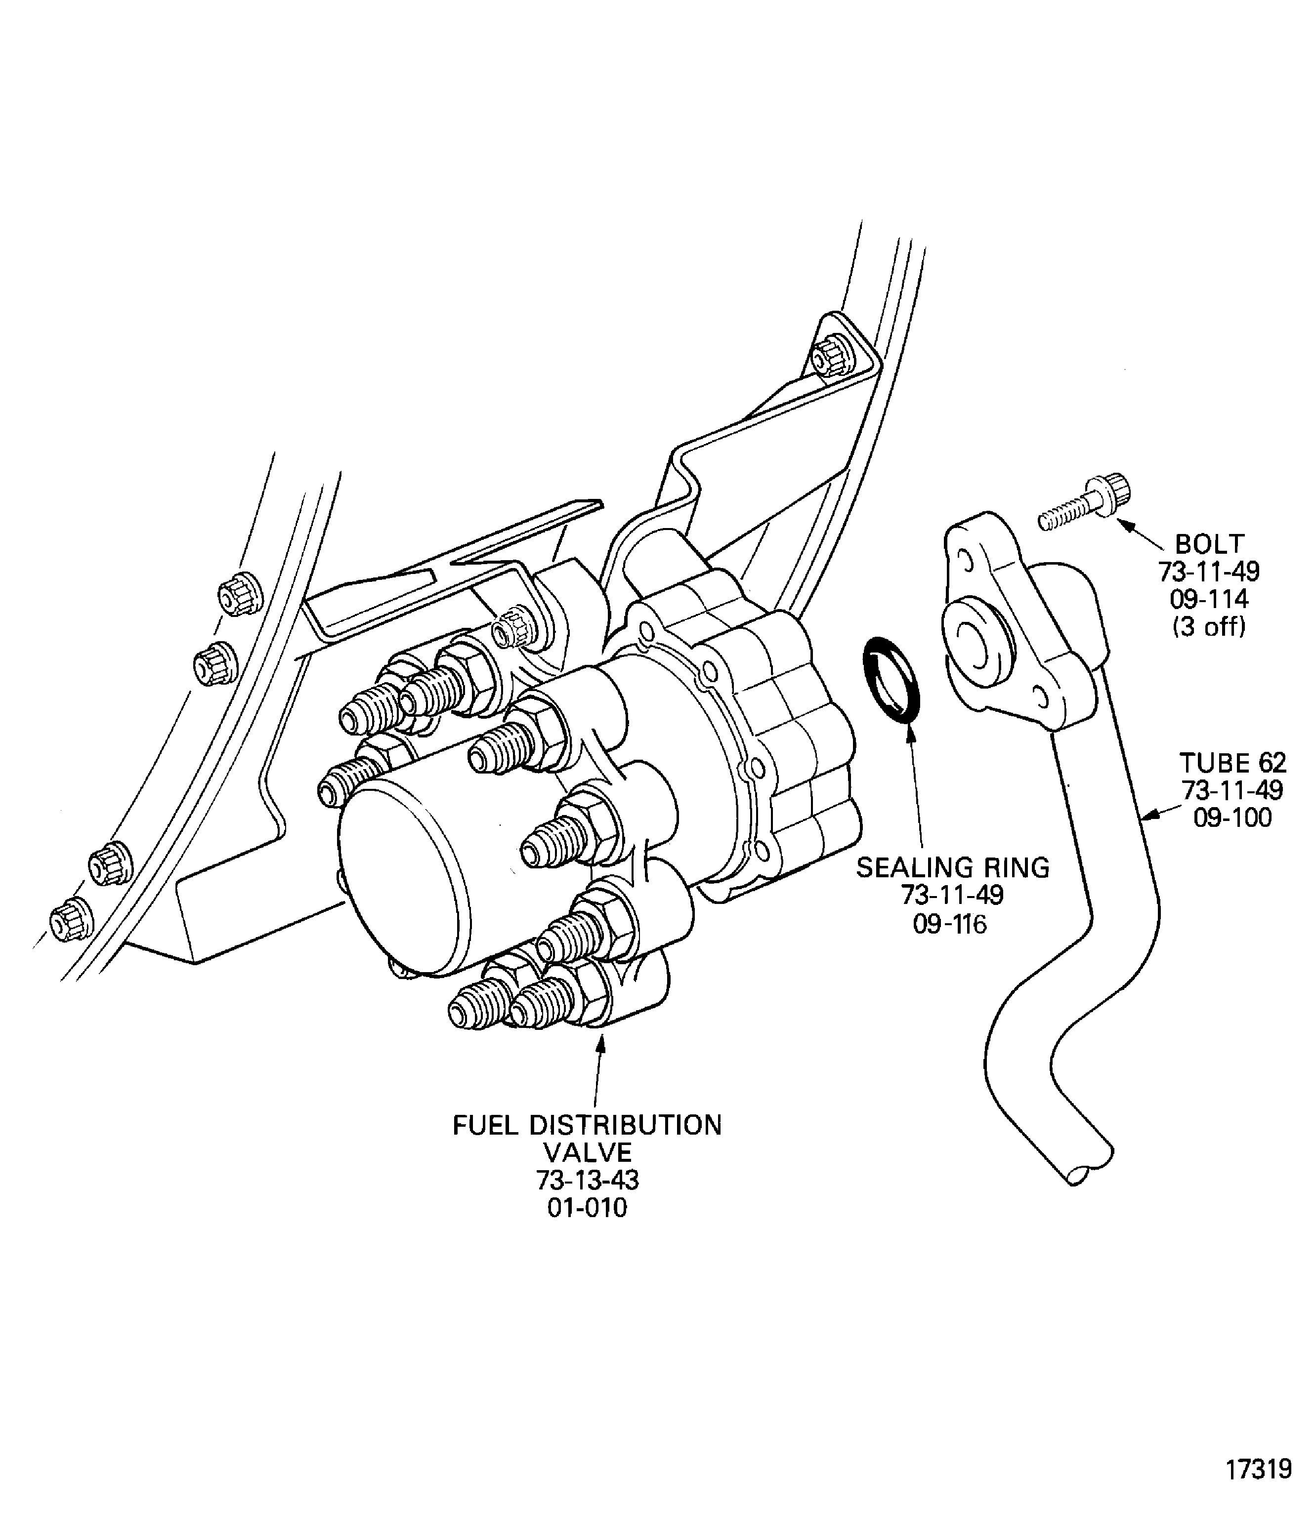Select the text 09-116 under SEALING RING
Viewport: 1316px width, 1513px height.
click(950, 924)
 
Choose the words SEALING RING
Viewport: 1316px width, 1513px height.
click(952, 868)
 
